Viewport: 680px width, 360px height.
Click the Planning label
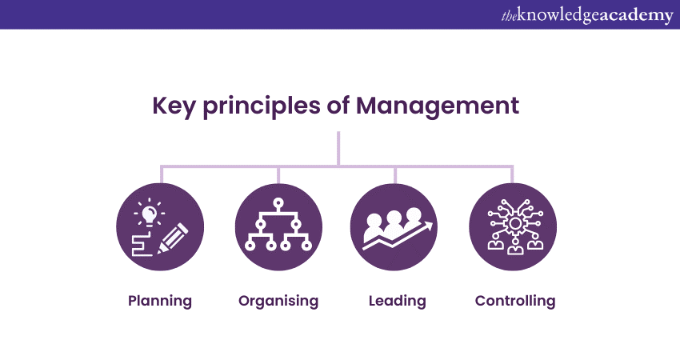tap(160, 302)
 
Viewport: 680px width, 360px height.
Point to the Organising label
tap(278, 302)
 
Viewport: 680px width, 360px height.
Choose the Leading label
tap(397, 302)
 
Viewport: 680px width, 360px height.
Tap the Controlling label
tap(514, 302)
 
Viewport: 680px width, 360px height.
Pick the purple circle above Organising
tap(278, 228)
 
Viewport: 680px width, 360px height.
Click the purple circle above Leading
tap(395, 228)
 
